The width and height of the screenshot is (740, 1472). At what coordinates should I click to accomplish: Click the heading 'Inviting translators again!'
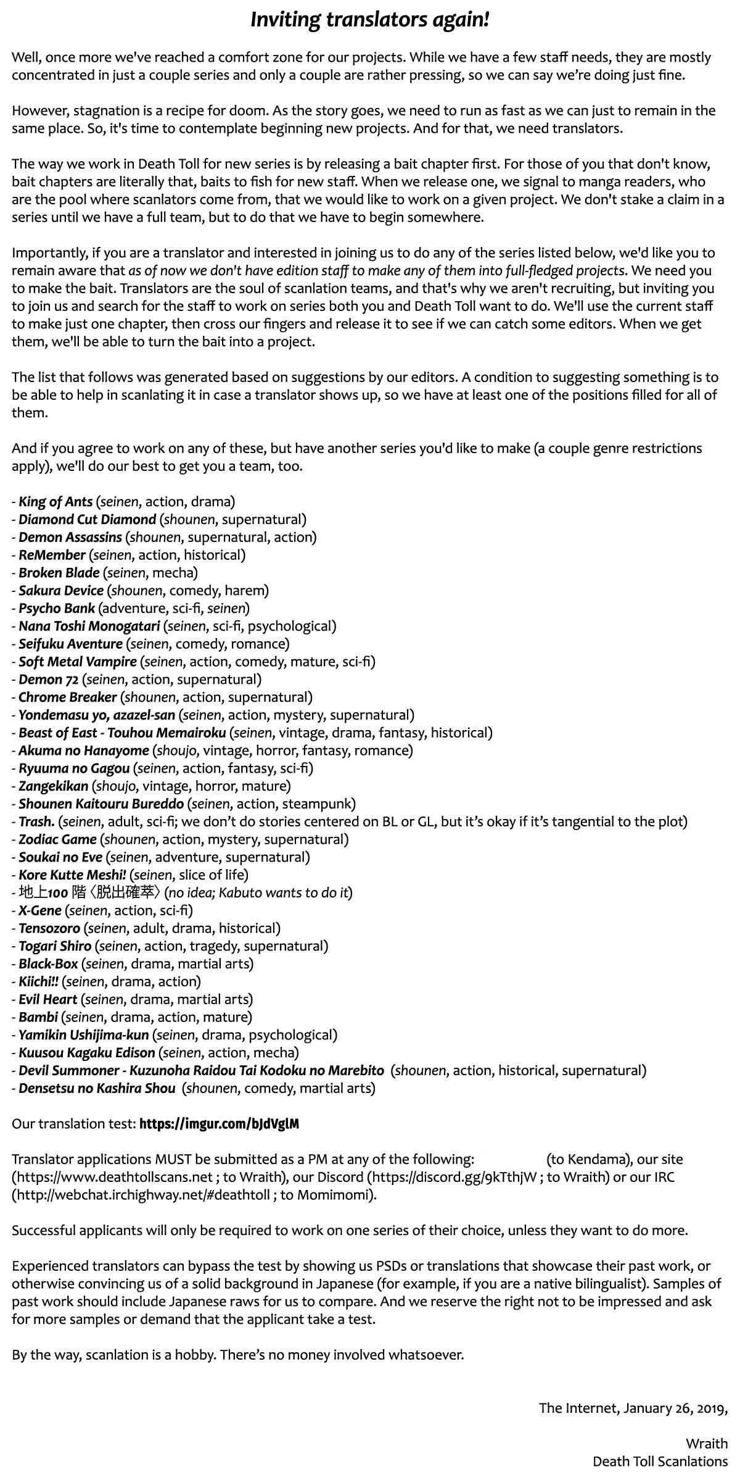(370, 20)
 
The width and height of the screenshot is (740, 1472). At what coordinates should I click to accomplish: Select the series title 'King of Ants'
(55, 501)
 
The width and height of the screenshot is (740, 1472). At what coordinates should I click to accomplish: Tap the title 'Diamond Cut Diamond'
(87, 519)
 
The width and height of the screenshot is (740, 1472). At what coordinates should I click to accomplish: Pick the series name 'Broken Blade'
(59, 572)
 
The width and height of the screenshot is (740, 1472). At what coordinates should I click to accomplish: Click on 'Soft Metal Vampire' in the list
(78, 661)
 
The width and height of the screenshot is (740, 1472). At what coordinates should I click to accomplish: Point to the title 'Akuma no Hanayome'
(84, 750)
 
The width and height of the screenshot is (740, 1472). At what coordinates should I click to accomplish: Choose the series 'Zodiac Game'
(57, 839)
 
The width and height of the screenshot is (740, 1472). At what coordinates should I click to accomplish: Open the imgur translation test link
(219, 1123)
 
